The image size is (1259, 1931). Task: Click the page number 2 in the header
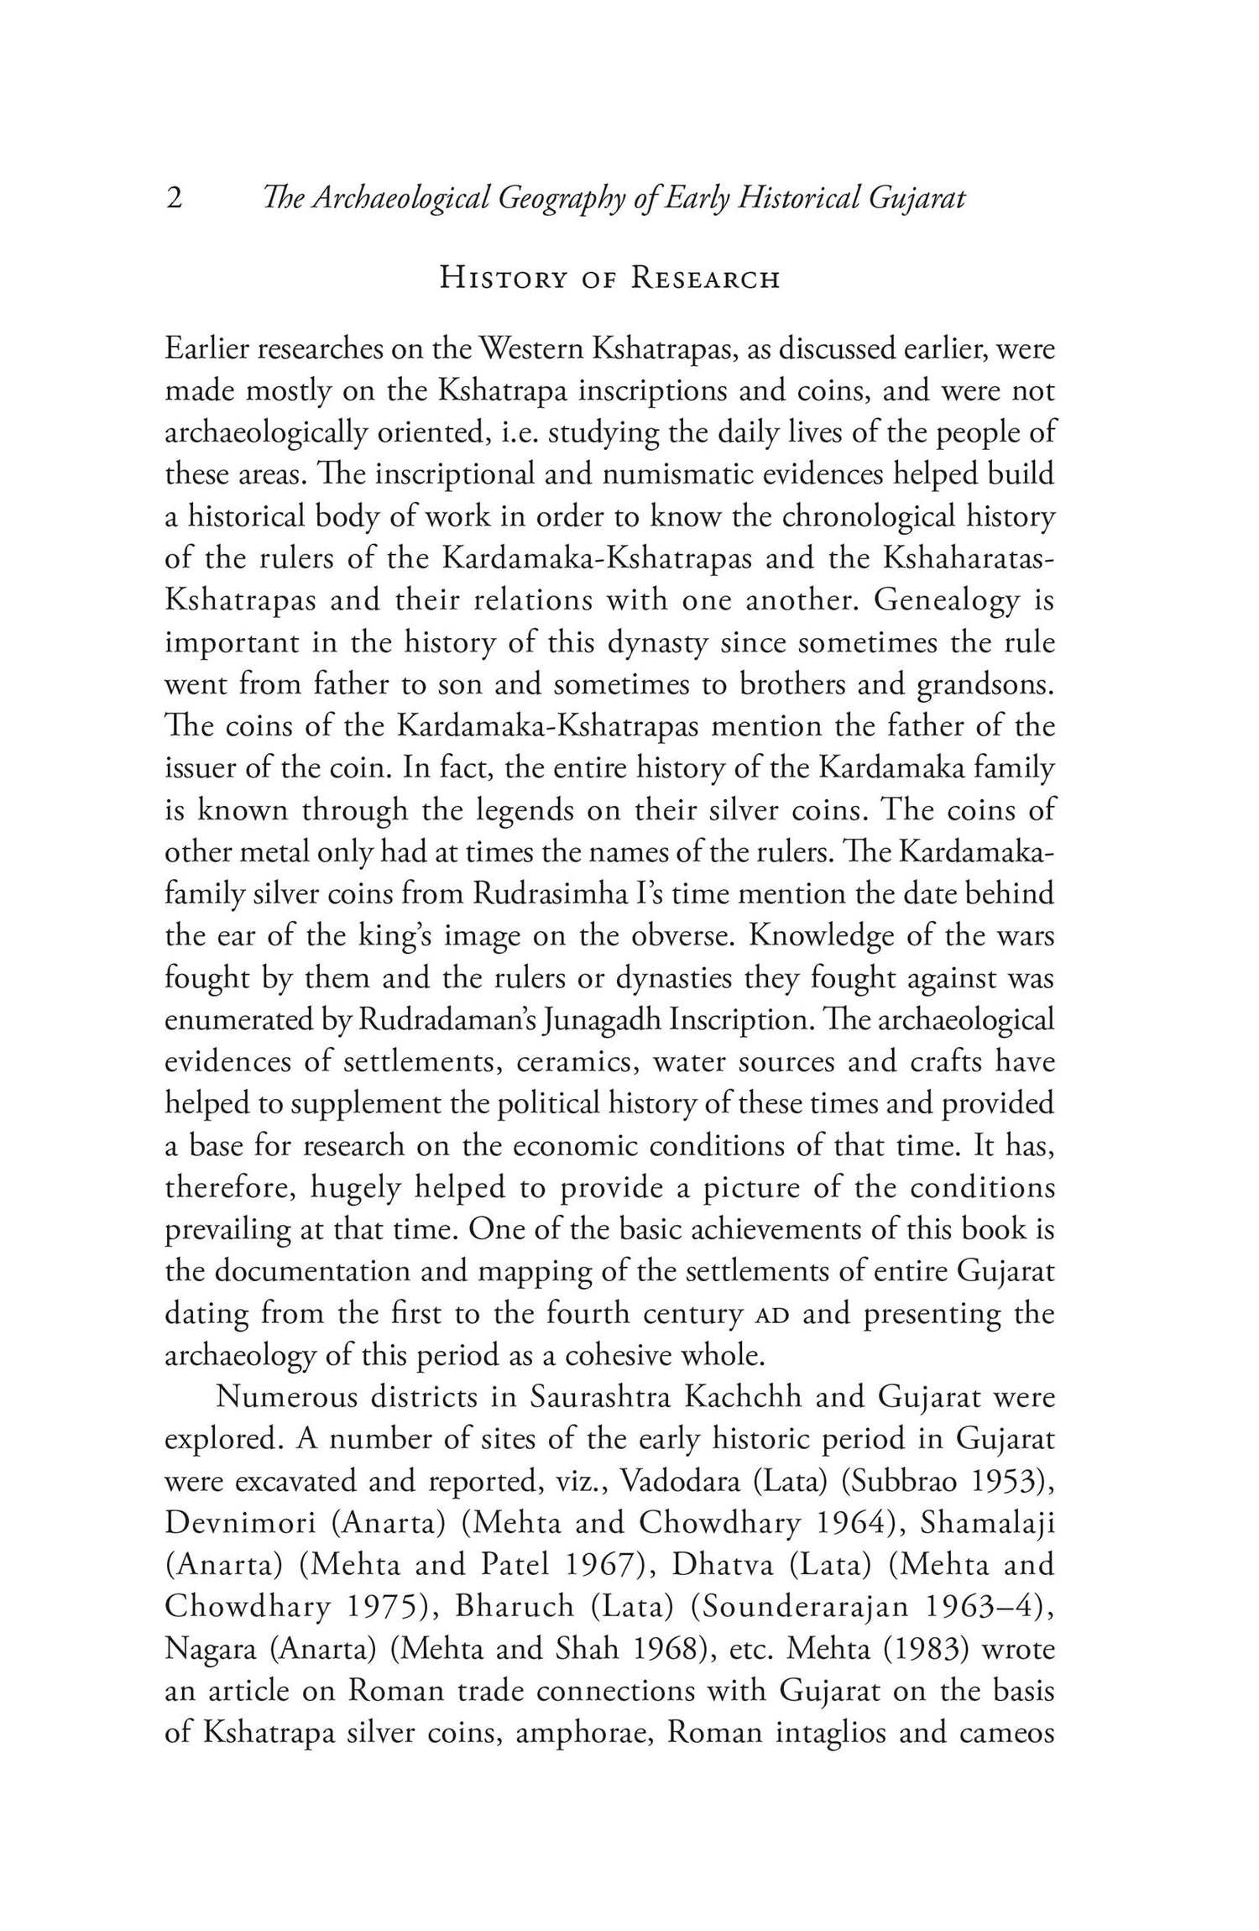(175, 199)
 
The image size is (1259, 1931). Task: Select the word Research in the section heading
(706, 279)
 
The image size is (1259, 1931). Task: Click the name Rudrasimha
(551, 895)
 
